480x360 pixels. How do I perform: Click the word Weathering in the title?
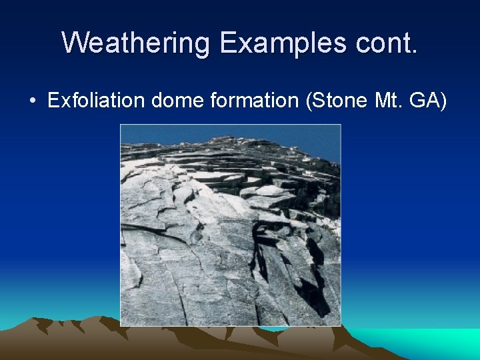137,43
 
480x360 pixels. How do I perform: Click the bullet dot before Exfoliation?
32,102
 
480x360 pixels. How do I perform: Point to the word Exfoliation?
97,101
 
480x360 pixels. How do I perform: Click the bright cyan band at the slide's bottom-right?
433,340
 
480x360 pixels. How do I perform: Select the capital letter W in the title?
75,43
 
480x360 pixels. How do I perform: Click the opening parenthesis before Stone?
306,101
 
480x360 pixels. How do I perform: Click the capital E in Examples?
229,43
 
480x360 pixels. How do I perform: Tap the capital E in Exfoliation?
53,101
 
